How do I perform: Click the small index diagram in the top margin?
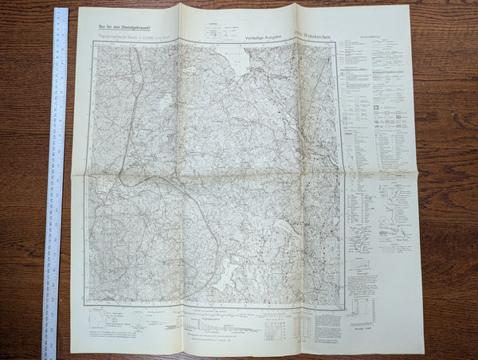pyautogui.click(x=214, y=29)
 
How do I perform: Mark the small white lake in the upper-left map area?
pyautogui.click(x=167, y=103)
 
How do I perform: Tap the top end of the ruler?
pyautogui.click(x=61, y=11)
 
